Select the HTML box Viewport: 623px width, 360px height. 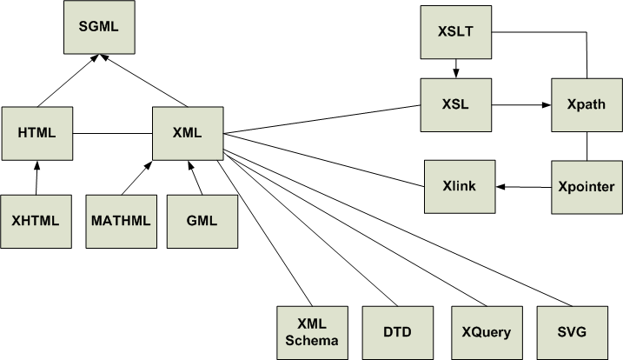tap(37, 133)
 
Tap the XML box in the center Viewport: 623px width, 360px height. tap(188, 133)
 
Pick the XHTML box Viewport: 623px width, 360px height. tap(36, 220)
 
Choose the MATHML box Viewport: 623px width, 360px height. tap(121, 220)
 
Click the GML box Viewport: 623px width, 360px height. tap(200, 220)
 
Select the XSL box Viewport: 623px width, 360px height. tap(455, 103)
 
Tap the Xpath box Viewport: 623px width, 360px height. tap(586, 103)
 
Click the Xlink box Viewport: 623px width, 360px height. tap(459, 186)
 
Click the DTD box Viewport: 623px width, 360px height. tap(396, 332)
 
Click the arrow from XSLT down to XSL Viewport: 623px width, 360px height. tap(456, 68)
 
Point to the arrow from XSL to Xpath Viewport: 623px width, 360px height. tap(520, 103)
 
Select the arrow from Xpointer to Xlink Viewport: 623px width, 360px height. tap(522, 186)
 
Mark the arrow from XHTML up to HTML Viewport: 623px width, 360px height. tap(36, 177)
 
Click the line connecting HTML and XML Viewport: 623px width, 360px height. tap(112, 134)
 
